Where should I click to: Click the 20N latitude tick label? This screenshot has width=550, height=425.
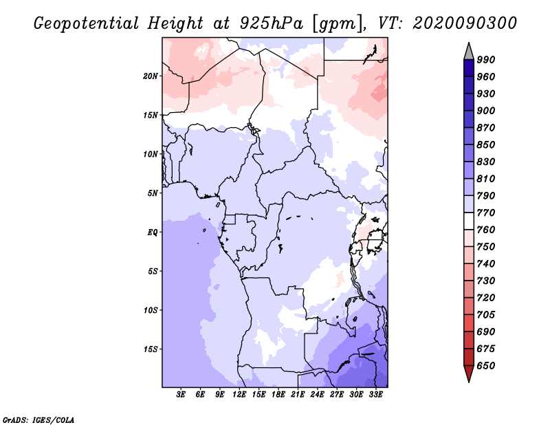coord(151,76)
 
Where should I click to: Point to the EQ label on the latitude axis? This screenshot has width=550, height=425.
coord(152,232)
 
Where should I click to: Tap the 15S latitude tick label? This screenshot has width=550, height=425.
coord(151,349)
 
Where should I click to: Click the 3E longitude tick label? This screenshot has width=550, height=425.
coord(181,395)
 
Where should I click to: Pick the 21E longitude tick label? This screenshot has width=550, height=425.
coord(298,395)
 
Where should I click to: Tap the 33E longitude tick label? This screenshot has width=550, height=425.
coord(375,395)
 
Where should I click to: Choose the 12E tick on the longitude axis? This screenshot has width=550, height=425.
coord(239,395)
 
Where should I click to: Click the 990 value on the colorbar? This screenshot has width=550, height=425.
coord(486,60)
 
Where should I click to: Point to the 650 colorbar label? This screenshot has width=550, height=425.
coord(486,366)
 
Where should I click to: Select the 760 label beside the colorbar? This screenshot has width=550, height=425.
coord(486,230)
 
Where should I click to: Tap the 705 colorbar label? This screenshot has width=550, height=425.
coord(486,315)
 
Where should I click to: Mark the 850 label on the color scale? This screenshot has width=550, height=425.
coord(486,145)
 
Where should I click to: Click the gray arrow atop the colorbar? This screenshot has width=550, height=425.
coord(469,50)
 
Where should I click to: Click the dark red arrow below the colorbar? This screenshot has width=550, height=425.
coord(469,373)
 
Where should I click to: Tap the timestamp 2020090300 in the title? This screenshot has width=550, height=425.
coord(465,23)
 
